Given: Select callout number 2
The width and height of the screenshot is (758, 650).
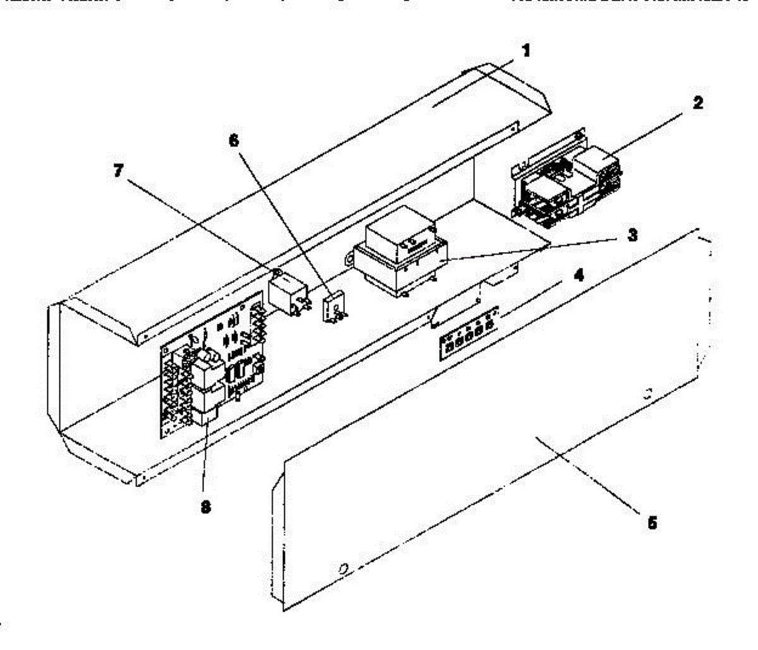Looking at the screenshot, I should point(697,103).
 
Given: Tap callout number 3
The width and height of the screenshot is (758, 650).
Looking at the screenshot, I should point(632,236).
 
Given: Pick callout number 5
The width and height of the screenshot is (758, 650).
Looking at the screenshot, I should point(653,523).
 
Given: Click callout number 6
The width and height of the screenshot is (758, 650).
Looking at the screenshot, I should point(234,140).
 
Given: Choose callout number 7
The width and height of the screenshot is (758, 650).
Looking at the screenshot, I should point(118,172).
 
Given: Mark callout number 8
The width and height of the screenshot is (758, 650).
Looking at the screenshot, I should point(204,506).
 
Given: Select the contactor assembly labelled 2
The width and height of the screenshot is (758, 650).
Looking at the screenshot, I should point(568,180).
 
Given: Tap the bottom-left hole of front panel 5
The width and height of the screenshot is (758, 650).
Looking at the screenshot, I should point(343,569).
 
